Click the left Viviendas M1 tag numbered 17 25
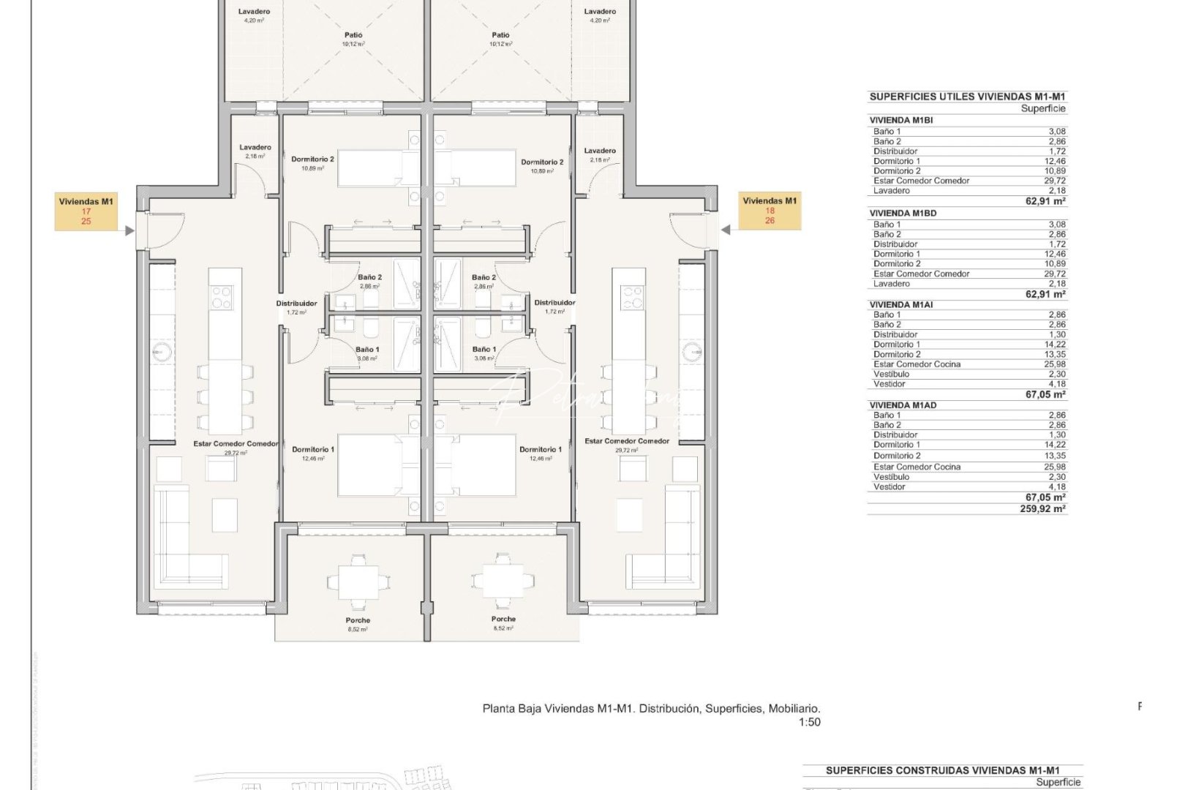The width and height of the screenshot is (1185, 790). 86,211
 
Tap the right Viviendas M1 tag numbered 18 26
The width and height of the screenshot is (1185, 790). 770,210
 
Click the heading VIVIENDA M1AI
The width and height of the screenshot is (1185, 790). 901,304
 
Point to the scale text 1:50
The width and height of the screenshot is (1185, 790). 809,722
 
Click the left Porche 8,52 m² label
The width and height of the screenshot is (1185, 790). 358,624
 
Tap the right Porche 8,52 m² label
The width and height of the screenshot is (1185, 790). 503,623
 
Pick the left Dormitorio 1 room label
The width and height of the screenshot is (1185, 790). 313,453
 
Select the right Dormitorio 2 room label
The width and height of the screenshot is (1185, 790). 542,166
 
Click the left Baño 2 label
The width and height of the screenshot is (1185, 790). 369,281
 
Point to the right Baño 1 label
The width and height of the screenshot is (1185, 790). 484,353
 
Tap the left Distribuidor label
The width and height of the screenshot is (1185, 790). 296,306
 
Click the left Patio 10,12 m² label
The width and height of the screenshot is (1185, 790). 353,39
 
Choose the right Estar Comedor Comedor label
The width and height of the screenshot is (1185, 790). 627,445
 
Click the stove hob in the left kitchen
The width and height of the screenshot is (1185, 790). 222,297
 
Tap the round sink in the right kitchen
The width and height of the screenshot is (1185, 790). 692,353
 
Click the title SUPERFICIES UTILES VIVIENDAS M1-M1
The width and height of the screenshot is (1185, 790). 967,97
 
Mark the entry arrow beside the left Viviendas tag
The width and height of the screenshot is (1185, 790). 129,231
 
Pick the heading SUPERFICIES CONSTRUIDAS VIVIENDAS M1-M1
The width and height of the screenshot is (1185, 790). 942,770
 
